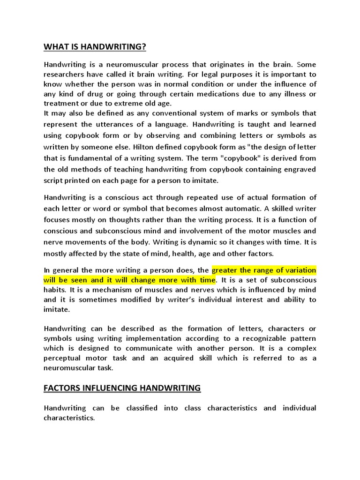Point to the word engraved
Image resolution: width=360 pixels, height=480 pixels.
click(298, 169)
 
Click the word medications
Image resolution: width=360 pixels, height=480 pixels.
click(218, 94)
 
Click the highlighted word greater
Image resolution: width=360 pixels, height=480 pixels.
click(227, 270)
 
